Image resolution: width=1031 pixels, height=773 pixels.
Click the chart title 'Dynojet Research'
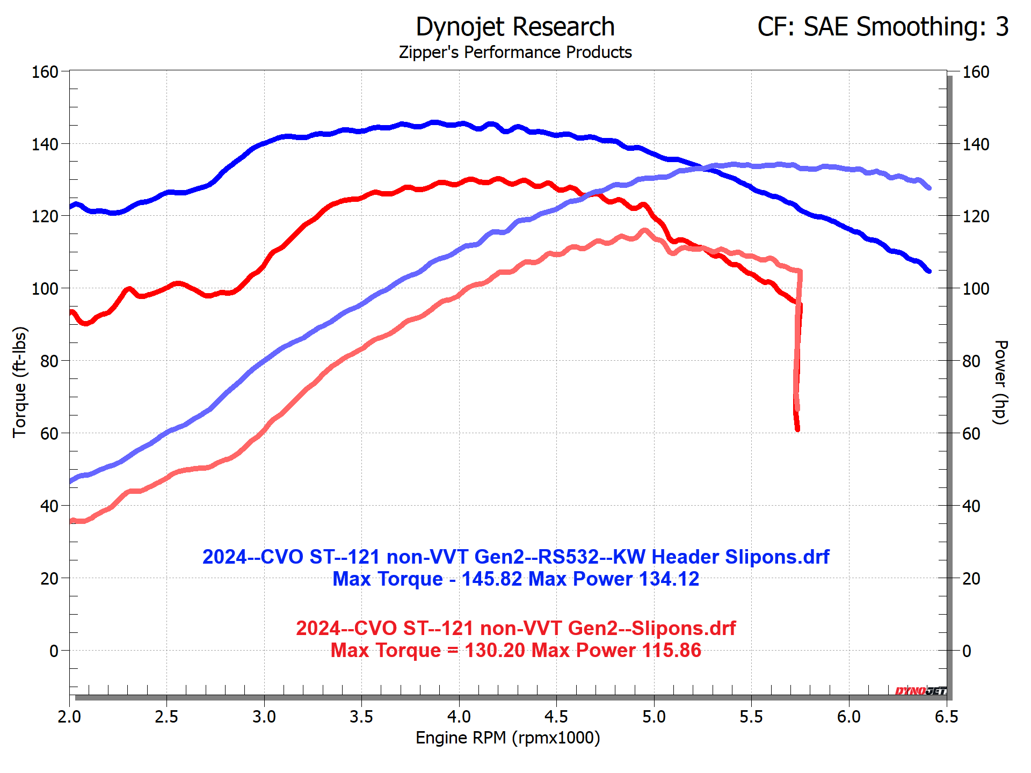pyautogui.click(x=515, y=27)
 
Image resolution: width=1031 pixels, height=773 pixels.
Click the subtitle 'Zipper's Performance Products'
pyautogui.click(x=515, y=53)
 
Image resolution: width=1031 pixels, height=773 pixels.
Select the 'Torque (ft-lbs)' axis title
pyautogui.click(x=20, y=382)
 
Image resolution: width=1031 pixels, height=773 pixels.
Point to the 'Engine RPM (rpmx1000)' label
pyautogui.click(x=507, y=738)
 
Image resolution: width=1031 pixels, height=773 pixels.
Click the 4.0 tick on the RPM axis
pyautogui.click(x=459, y=717)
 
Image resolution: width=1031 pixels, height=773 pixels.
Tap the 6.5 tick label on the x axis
pyautogui.click(x=946, y=717)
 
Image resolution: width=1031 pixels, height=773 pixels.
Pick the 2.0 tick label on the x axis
pyautogui.click(x=69, y=717)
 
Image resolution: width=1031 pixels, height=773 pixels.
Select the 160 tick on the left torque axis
pyautogui.click(x=45, y=72)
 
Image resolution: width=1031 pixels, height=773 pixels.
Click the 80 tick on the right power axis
pyautogui.click(x=971, y=361)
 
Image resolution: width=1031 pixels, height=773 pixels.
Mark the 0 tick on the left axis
pyautogui.click(x=54, y=651)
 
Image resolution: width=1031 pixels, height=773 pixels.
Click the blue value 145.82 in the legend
pyautogui.click(x=491, y=579)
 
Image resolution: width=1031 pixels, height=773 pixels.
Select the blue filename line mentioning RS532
pyautogui.click(x=515, y=557)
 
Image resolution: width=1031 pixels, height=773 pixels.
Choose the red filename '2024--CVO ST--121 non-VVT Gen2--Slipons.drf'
pyautogui.click(x=515, y=629)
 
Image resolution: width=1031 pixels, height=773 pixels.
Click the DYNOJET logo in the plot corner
pyautogui.click(x=920, y=691)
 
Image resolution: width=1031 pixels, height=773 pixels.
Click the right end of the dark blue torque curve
pyautogui.click(x=929, y=272)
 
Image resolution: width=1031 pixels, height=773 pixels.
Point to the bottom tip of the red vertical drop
pyautogui.click(x=797, y=429)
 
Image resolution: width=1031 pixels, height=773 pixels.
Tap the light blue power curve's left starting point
pyautogui.click(x=71, y=481)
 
